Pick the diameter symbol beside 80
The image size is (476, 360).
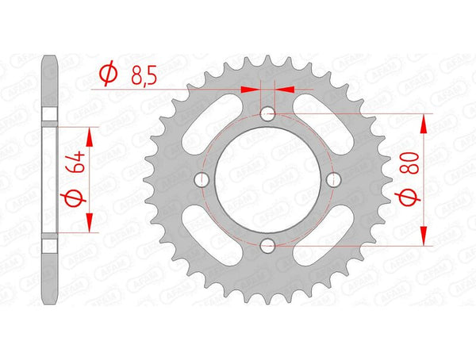coord(409,196)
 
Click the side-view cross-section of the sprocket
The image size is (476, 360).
coord(50,179)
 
